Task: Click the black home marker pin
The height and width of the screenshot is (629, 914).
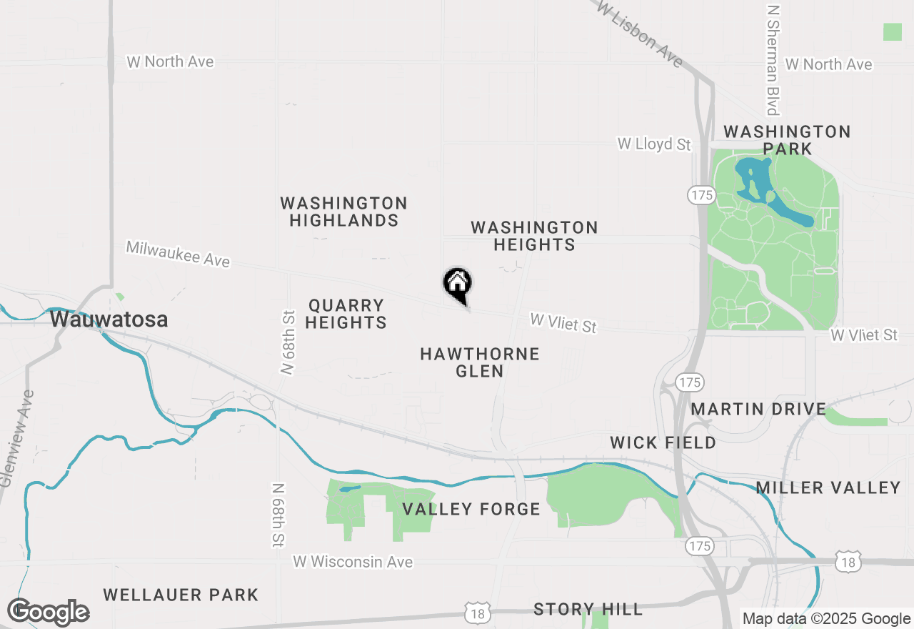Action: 458,283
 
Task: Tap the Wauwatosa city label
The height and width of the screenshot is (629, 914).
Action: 109,320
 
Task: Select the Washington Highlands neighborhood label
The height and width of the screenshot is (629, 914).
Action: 344,212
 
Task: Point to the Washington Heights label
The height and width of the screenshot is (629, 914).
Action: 534,236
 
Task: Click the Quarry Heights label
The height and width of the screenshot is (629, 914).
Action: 347,314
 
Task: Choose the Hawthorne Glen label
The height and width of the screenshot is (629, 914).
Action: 480,362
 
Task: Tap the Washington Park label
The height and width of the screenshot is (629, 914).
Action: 787,140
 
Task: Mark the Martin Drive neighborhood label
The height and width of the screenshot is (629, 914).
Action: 758,410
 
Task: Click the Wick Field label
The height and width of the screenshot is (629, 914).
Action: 663,442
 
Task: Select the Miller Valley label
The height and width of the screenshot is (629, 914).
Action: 828,487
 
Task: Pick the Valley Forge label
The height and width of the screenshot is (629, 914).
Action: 471,509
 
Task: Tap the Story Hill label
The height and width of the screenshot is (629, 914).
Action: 588,609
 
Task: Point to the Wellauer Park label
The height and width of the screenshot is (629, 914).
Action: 181,595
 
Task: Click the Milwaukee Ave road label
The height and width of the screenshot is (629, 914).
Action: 179,254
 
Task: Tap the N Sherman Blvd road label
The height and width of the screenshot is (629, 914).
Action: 773,61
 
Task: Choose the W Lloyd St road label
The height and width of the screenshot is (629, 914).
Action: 654,144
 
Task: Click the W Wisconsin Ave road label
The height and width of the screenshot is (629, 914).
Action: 353,562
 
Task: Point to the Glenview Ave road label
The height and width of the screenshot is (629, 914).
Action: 16,438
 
